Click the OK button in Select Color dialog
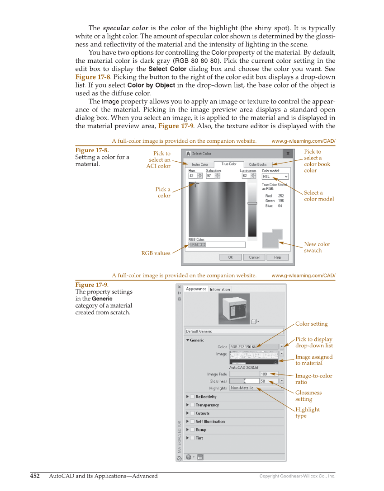[x=230, y=257]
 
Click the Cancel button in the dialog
[x=254, y=257]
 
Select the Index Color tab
[x=199, y=164]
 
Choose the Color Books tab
[x=258, y=164]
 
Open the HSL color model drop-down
[x=275, y=177]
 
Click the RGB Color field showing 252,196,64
[x=217, y=245]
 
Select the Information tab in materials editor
[x=220, y=289]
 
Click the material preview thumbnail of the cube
[x=234, y=309]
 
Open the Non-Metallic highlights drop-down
[x=257, y=388]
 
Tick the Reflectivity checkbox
[x=192, y=397]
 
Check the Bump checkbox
[x=192, y=430]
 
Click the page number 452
[x=35, y=476]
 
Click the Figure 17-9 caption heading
[x=91, y=285]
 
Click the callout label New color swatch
[x=317, y=247]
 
